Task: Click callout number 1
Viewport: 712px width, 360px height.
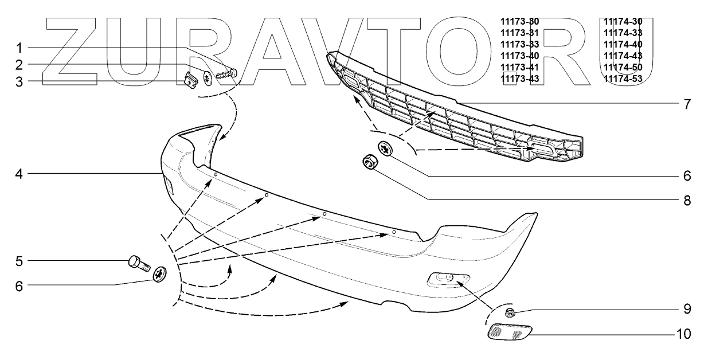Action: click(19, 46)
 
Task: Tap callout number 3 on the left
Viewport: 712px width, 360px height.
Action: click(19, 81)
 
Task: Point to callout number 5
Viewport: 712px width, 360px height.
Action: click(19, 261)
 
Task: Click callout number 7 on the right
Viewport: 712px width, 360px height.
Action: click(686, 105)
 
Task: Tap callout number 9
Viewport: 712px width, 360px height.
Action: click(686, 310)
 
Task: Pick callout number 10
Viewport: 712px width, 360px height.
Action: click(682, 333)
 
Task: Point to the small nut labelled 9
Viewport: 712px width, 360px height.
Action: click(509, 312)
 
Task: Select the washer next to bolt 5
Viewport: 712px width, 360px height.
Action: click(160, 275)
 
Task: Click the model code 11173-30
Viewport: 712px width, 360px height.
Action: click(519, 22)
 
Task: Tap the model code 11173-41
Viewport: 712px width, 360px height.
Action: click(519, 67)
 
